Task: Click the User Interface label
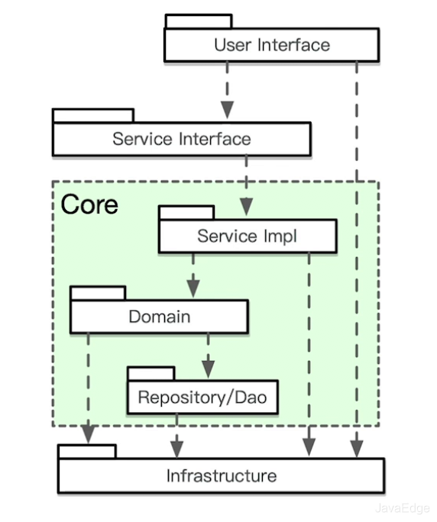coord(272,45)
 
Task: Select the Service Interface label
coord(182,139)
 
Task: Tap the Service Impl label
coord(247,237)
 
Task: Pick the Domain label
coord(160,317)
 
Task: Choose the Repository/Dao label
coord(202,397)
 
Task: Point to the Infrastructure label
coord(222,475)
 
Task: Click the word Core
coord(89,205)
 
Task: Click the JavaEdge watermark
coord(402,508)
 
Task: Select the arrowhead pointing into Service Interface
coord(228,110)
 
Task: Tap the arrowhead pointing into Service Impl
coord(246,206)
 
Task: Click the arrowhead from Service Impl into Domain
coord(193,288)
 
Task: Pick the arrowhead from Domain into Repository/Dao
coord(209,369)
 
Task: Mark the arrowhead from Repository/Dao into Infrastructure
coord(177,449)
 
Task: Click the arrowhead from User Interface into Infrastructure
coord(357,449)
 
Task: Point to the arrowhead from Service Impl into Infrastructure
coord(309,447)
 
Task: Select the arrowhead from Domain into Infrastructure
coord(89,434)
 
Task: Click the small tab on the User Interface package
coord(199,21)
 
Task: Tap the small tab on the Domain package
coord(99,293)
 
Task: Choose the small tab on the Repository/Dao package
coord(151,374)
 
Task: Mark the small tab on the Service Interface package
coord(93,116)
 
